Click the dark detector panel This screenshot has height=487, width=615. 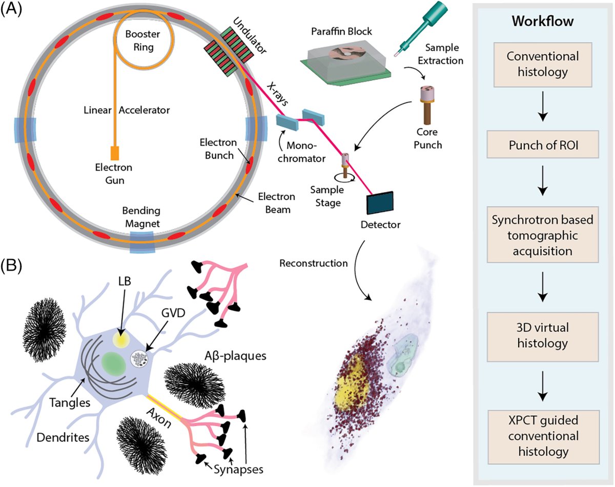coord(380,202)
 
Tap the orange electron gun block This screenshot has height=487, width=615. coord(114,153)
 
